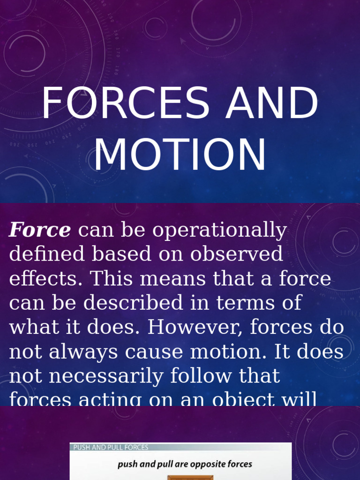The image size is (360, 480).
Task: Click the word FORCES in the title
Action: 125,104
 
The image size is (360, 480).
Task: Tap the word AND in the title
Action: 272,104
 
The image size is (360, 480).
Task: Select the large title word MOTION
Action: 180,155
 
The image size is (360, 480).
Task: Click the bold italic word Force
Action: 40,230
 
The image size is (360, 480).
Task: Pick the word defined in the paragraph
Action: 46,254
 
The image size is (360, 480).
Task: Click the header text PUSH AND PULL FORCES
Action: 111,448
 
